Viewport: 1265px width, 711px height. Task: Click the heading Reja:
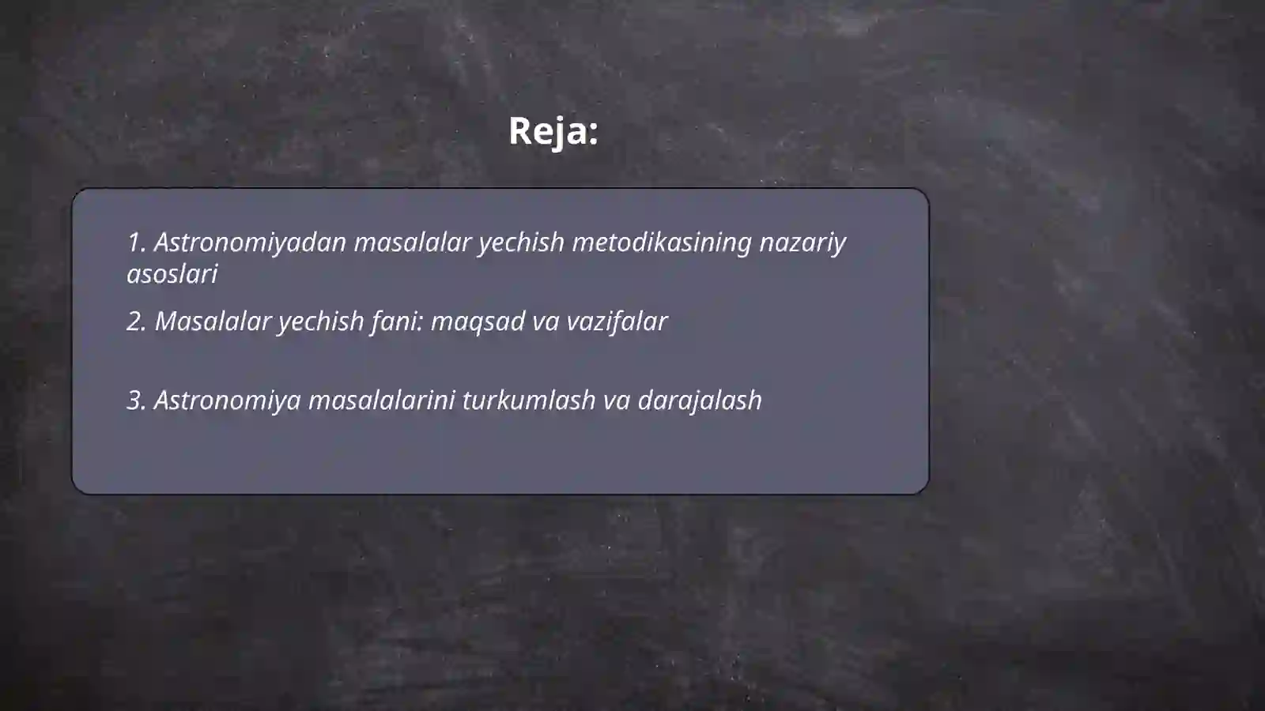click(553, 131)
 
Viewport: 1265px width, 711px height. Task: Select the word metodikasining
click(661, 243)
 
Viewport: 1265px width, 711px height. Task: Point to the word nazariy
click(802, 243)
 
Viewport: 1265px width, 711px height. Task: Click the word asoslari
click(172, 274)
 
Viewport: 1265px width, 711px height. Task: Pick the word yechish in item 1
click(521, 243)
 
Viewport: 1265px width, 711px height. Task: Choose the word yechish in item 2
click(320, 322)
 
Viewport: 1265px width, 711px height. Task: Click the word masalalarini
click(381, 401)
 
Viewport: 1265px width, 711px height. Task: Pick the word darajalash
click(699, 401)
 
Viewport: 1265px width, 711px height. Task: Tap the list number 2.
click(136, 322)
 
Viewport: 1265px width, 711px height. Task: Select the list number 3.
click(136, 401)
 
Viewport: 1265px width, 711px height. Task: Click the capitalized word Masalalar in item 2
click(213, 322)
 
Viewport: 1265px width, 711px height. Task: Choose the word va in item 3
click(616, 401)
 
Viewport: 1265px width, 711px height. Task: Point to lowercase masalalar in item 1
click(412, 243)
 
